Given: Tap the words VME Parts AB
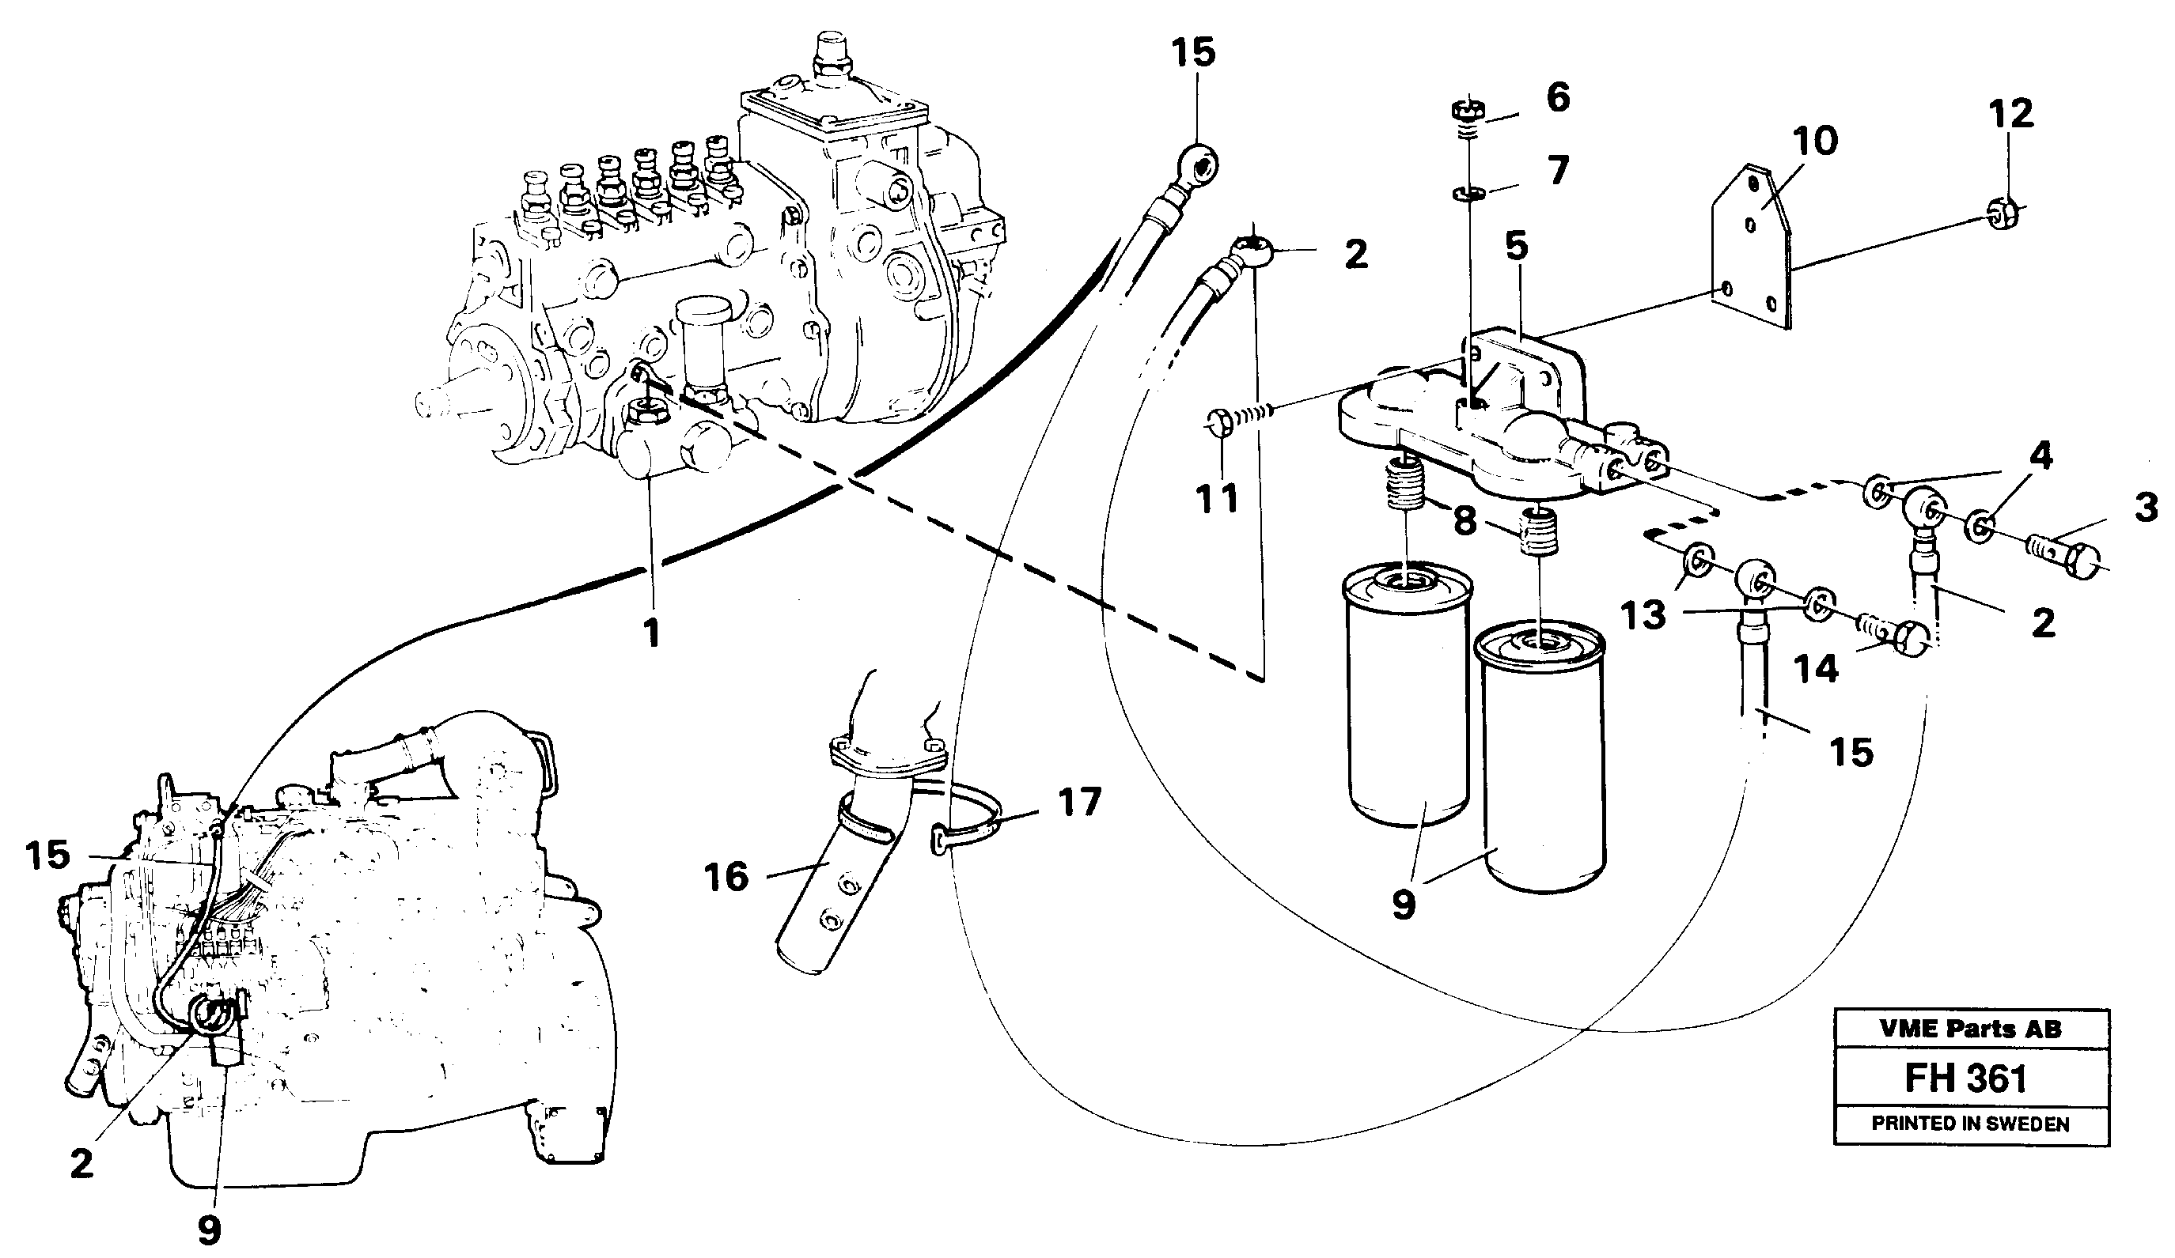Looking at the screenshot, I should [1969, 1029].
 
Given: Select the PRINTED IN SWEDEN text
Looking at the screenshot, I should [1970, 1124].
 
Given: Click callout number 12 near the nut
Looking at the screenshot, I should [2011, 114].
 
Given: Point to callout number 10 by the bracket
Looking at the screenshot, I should [1815, 141].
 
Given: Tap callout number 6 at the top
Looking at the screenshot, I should [1558, 97].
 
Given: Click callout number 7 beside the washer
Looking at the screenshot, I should [1558, 171].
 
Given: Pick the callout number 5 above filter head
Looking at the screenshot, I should [1517, 246].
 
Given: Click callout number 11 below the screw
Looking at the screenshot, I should [1217, 498].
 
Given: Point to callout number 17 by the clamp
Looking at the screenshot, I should [1079, 802].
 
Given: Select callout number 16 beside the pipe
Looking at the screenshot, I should [726, 878].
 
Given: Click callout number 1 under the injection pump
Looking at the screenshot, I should [653, 633].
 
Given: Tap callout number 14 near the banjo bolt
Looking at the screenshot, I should [1816, 668].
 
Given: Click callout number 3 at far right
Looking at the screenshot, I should [2147, 508].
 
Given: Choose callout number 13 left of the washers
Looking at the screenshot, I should [1643, 615].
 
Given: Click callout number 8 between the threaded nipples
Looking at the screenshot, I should [1465, 521].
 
